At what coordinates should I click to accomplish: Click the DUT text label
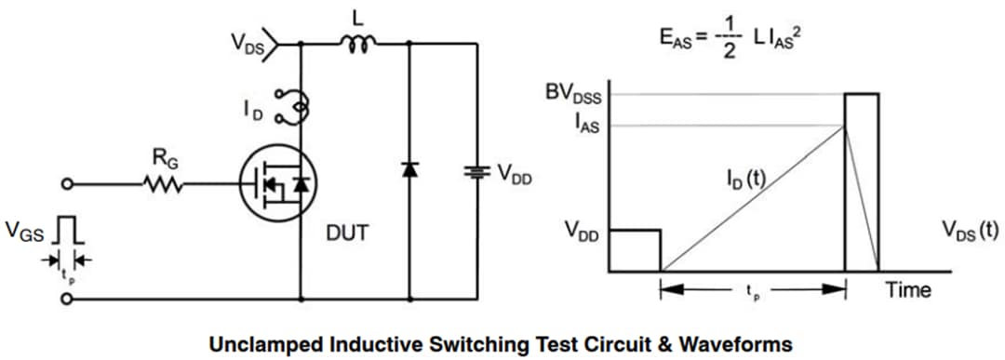pos(346,233)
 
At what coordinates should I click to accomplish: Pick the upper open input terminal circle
pos(67,185)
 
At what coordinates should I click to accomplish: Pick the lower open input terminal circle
pos(67,300)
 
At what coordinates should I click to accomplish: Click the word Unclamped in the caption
pos(263,341)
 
